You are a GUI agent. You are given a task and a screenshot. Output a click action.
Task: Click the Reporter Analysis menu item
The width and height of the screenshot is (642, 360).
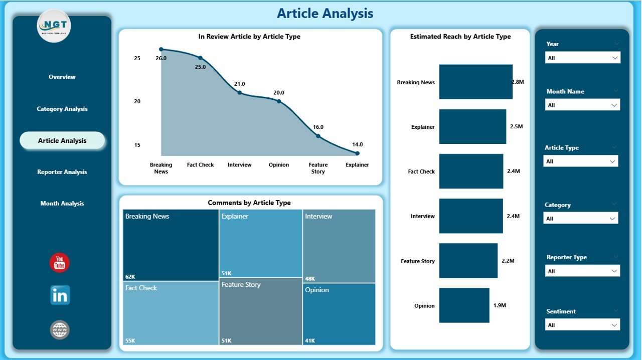[62, 172]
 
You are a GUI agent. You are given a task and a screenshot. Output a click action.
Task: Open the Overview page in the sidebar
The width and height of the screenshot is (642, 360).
[62, 77]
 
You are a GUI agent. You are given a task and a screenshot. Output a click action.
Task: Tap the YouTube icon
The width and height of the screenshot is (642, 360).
[60, 263]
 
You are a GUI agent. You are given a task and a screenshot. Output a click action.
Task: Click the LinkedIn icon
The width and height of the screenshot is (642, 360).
[60, 295]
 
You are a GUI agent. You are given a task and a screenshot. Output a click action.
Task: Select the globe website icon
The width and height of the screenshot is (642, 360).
[60, 330]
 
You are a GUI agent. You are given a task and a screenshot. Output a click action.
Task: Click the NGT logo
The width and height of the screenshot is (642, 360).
[54, 26]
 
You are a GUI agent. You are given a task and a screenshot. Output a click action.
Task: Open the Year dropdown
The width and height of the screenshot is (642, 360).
[582, 58]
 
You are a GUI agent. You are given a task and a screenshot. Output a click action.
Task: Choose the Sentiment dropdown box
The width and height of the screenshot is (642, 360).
[582, 325]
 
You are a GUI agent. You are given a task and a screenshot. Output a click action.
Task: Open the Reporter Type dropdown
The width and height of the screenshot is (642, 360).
[582, 271]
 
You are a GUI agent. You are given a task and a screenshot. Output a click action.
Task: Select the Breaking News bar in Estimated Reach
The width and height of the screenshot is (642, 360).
[475, 82]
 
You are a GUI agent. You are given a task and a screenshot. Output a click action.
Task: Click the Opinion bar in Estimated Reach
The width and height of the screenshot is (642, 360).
[464, 305]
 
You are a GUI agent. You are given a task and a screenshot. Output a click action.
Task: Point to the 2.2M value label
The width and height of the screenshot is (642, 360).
[508, 261]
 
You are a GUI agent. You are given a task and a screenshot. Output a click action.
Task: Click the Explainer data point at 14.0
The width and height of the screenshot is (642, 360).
[357, 153]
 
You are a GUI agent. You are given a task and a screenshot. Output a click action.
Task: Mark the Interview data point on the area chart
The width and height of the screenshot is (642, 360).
[239, 93]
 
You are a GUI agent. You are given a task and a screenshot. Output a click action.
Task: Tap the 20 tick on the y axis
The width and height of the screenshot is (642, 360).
[137, 101]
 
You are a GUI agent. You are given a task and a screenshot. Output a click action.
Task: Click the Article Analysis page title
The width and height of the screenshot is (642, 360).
[325, 14]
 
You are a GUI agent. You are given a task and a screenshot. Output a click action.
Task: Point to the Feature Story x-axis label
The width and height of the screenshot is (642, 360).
[318, 168]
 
